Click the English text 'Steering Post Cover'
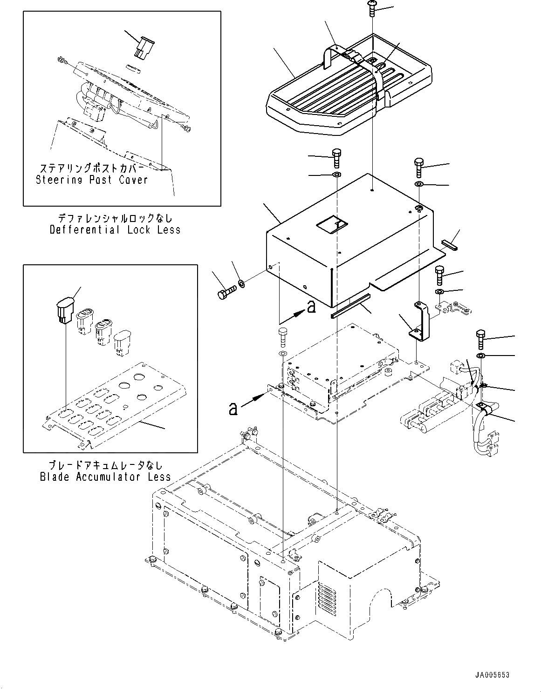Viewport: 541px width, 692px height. point(92,180)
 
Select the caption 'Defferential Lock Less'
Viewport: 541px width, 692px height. point(115,230)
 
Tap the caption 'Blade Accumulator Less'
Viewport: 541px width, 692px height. point(105,477)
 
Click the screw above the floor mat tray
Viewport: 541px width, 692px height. point(372,7)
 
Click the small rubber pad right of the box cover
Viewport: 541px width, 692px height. point(450,244)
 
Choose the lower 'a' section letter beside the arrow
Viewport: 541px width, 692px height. point(233,409)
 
